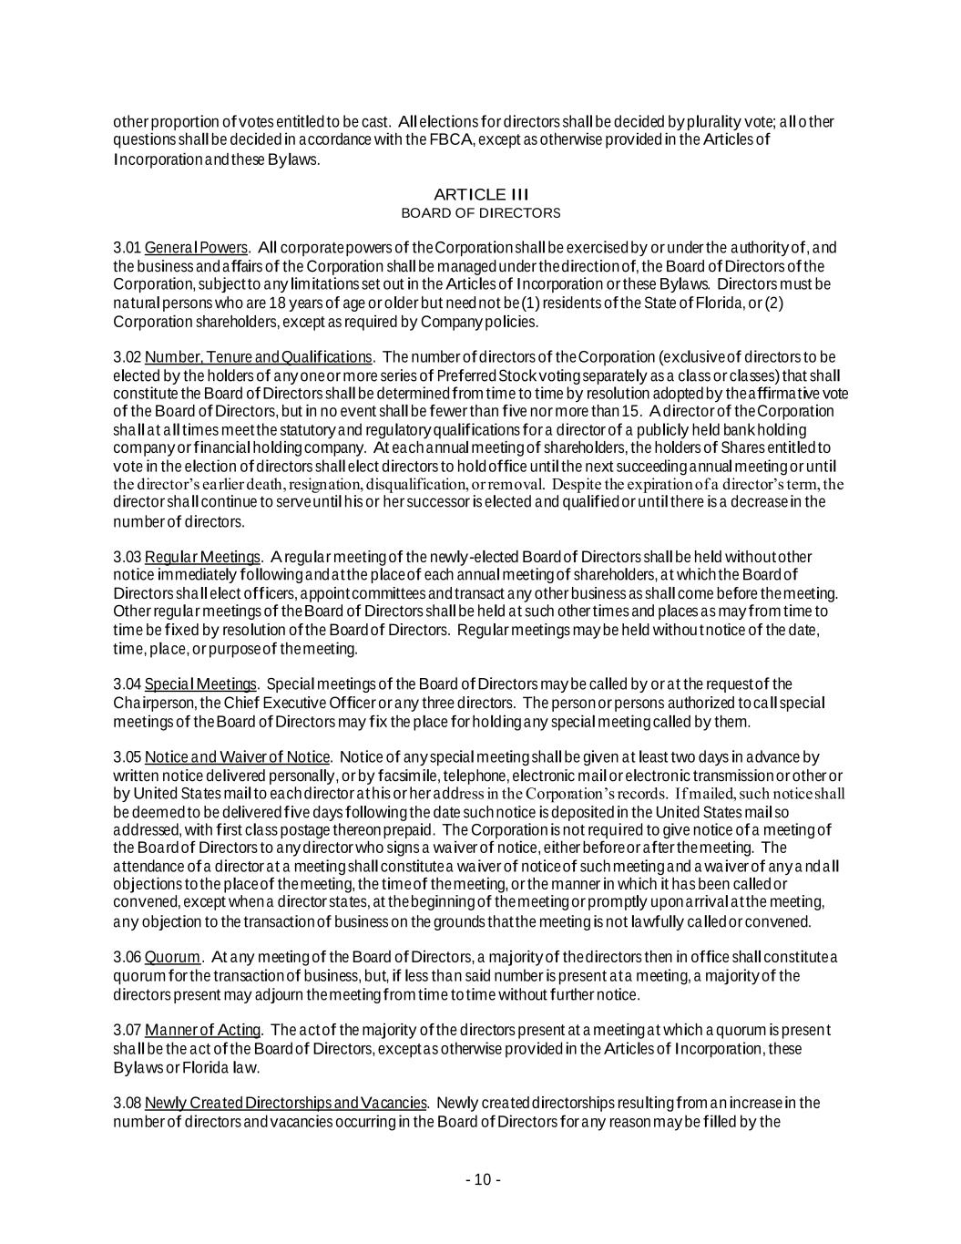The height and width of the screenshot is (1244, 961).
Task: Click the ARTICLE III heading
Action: pyautogui.click(x=480, y=194)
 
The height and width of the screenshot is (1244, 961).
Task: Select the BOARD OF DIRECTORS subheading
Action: pyautogui.click(x=480, y=213)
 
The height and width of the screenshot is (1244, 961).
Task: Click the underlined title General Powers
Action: pyautogui.click(x=196, y=248)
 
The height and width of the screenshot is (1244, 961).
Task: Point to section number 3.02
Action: pyautogui.click(x=127, y=356)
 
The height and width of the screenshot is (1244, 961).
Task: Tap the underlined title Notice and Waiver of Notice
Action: pyautogui.click(x=237, y=757)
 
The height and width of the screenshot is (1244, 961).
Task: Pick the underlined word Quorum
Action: pyautogui.click(x=172, y=957)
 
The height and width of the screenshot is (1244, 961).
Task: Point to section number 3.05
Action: pyautogui.click(x=127, y=757)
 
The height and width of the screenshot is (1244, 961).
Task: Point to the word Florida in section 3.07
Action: pyautogui.click(x=210, y=1067)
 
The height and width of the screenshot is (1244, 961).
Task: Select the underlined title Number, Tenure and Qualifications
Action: pyautogui.click(x=258, y=356)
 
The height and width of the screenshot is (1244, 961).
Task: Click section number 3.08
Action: pyautogui.click(x=127, y=1103)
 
